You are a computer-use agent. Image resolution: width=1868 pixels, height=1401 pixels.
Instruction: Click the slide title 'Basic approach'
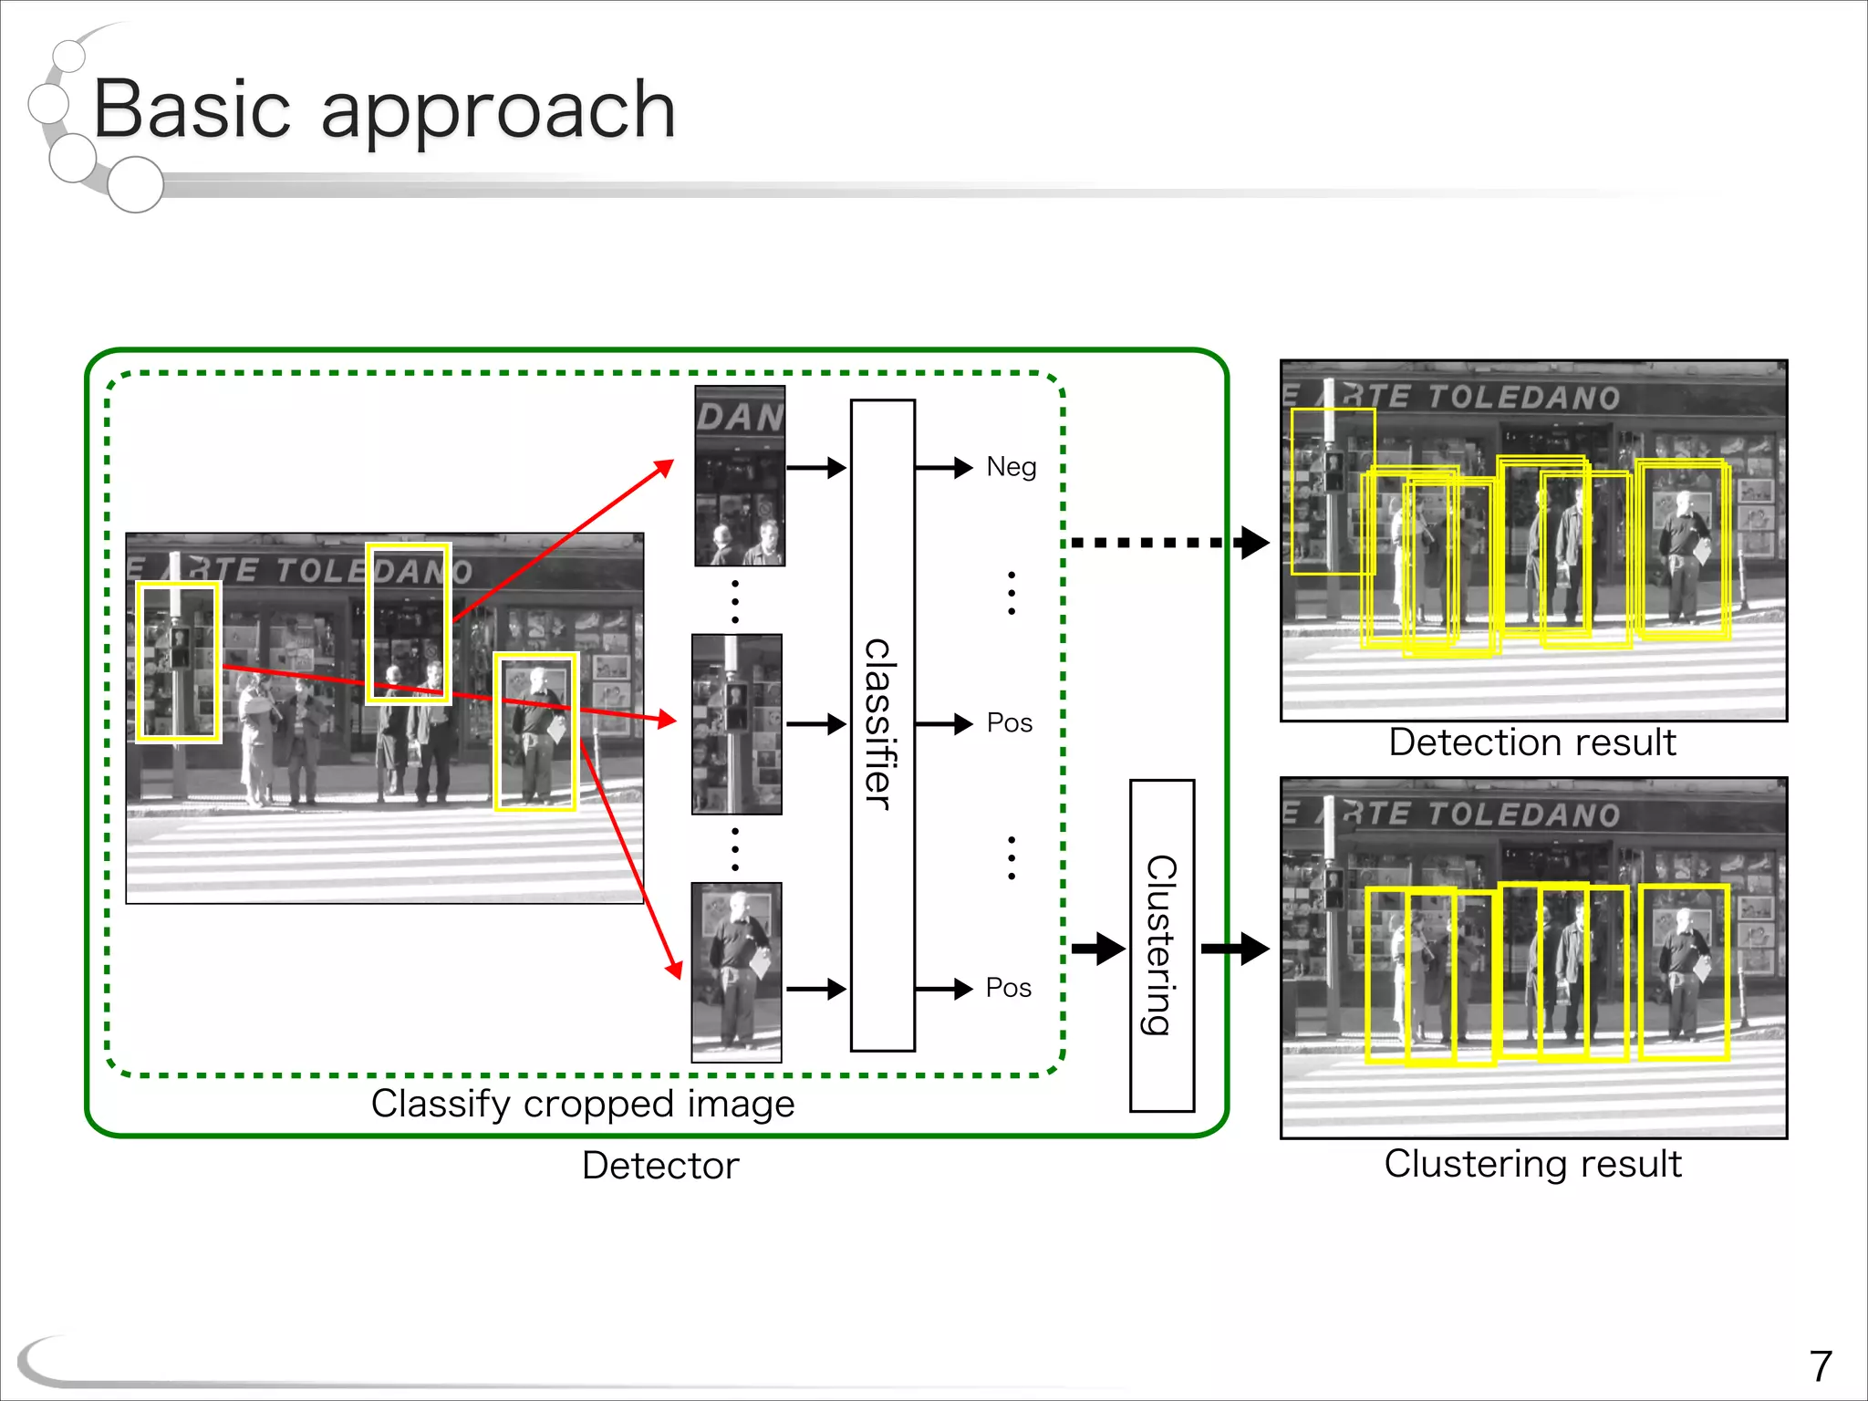click(x=383, y=109)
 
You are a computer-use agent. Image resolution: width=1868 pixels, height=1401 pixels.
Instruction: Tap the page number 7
click(x=1821, y=1366)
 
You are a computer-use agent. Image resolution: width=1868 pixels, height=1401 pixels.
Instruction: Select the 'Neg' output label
click(x=1011, y=467)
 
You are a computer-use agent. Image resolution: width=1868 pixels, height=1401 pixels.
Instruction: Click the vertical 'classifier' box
click(x=882, y=725)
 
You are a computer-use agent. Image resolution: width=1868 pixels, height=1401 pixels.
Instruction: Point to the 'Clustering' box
click(x=1161, y=945)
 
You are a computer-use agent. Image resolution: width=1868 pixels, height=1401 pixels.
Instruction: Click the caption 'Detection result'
click(x=1532, y=742)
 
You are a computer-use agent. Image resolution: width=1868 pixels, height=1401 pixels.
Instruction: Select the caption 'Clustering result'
click(x=1532, y=1164)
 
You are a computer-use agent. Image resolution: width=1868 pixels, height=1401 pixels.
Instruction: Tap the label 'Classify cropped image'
click(x=582, y=1104)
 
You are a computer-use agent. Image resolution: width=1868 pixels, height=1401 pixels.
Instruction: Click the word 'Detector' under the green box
click(x=660, y=1166)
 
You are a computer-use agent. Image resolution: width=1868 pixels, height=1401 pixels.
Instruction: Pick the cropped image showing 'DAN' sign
click(x=740, y=475)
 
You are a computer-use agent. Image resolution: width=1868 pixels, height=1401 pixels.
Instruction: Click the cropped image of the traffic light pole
click(x=737, y=724)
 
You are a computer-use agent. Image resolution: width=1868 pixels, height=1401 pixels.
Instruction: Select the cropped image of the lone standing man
click(x=737, y=972)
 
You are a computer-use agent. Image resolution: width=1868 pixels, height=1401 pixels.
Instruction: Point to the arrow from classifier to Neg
click(x=944, y=468)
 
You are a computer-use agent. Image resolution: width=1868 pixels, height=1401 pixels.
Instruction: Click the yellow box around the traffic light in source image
click(x=179, y=661)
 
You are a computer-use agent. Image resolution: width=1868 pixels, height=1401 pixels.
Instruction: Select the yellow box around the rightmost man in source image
click(x=535, y=732)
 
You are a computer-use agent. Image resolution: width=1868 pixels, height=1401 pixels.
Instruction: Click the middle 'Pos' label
click(x=1009, y=723)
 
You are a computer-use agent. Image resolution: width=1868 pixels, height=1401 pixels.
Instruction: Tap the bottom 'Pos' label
click(x=1009, y=988)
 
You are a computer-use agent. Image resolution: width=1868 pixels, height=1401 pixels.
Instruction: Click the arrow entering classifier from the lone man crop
click(x=815, y=989)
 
